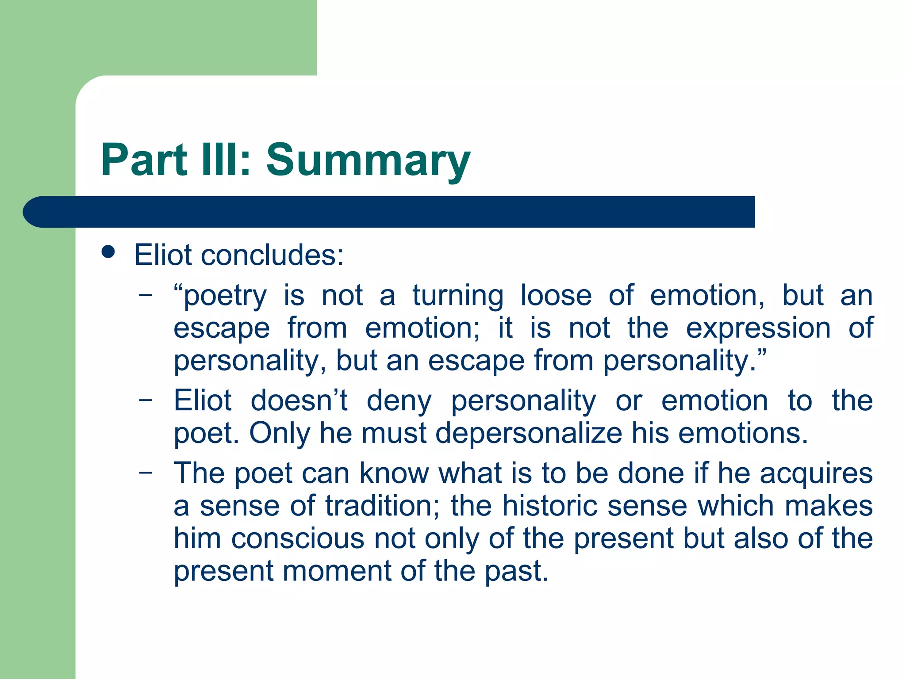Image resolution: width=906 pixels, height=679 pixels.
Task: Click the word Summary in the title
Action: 368,160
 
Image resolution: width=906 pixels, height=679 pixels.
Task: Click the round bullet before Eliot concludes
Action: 108,252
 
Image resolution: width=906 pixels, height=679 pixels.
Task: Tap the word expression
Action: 758,328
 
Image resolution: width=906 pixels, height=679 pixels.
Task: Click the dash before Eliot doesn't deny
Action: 145,400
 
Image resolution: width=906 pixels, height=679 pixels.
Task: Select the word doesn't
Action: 299,401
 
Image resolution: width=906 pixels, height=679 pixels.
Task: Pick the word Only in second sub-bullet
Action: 280,433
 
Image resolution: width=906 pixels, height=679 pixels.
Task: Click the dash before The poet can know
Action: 145,472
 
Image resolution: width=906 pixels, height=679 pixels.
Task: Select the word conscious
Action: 297,538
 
